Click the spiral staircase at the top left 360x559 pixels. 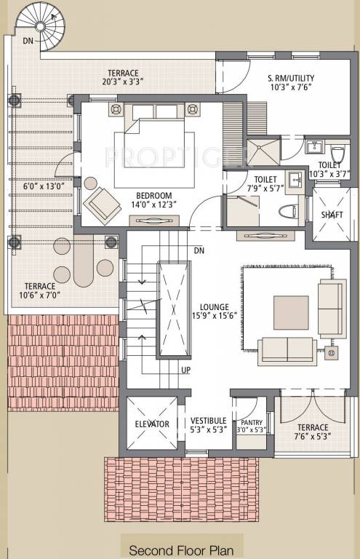click(41, 27)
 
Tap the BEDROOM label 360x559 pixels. click(154, 196)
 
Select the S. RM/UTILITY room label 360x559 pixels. click(291, 78)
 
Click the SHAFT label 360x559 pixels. click(332, 215)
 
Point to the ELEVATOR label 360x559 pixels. click(152, 424)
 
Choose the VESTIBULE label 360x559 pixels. click(208, 421)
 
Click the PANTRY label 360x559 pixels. click(252, 422)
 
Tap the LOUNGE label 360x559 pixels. click(215, 307)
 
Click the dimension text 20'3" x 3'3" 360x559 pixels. click(122, 82)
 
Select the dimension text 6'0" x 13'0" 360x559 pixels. click(44, 186)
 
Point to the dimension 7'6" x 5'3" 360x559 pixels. click(313, 436)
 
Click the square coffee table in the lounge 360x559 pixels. click(291, 313)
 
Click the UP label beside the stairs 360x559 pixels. click(186, 370)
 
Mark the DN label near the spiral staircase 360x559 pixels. click(28, 41)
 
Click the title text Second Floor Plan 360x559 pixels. click(181, 550)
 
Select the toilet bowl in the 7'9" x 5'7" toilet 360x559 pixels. click(289, 212)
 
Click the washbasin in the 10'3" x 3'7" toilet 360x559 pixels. click(315, 146)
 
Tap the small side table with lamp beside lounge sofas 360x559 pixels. click(331, 352)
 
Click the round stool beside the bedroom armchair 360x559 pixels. click(90, 183)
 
